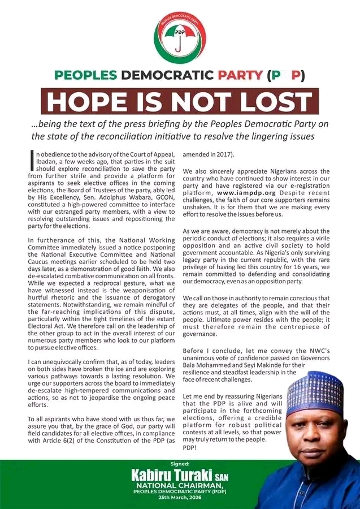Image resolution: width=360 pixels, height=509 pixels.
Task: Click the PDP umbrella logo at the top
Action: (x=180, y=38)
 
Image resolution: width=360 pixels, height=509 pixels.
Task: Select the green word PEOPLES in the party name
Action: (x=86, y=75)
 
